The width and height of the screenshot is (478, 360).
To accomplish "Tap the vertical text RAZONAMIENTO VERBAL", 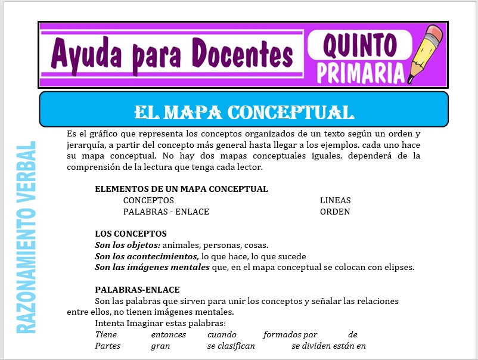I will (x=27, y=237).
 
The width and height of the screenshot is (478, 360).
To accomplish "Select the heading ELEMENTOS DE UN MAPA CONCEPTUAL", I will (x=181, y=189).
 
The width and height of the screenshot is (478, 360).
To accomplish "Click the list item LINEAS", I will (x=335, y=200).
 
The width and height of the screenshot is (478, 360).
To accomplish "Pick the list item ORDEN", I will (x=334, y=212).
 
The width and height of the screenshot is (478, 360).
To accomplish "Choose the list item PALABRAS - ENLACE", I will (x=166, y=212).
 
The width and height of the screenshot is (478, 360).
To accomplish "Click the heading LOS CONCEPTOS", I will (x=131, y=234).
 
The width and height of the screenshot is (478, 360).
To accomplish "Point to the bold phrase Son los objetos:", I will (x=128, y=245).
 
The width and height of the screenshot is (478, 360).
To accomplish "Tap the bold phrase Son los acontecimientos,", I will (x=147, y=256).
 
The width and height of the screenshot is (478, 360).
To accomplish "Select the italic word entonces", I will (x=168, y=334).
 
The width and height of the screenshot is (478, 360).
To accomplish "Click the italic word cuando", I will (x=221, y=334).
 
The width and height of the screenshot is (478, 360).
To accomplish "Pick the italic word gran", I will (x=160, y=346).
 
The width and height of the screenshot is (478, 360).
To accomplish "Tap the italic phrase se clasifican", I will (x=231, y=346).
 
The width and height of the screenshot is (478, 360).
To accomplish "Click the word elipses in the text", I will (x=398, y=267).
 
